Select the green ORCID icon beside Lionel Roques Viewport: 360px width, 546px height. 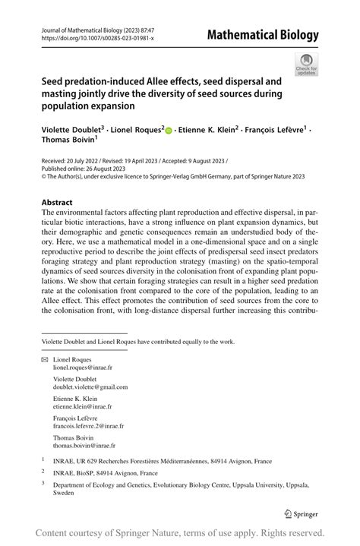(169, 131)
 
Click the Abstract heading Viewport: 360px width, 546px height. (57, 203)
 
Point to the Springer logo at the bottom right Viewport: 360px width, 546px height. (301, 513)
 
